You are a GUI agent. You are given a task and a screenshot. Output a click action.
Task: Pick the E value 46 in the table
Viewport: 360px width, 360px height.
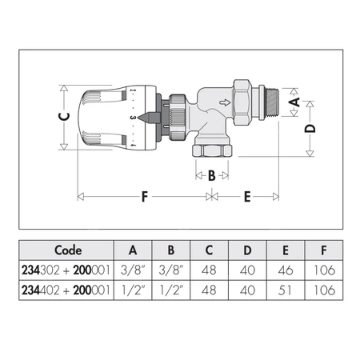pyautogui.click(x=283, y=270)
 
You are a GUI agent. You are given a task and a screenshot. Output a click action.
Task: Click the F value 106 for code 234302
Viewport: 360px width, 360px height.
pyautogui.click(x=322, y=270)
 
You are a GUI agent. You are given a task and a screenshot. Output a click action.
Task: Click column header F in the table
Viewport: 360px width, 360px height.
pyautogui.click(x=322, y=249)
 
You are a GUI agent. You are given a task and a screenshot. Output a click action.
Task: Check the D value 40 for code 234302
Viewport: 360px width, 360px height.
pyautogui.click(x=245, y=270)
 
